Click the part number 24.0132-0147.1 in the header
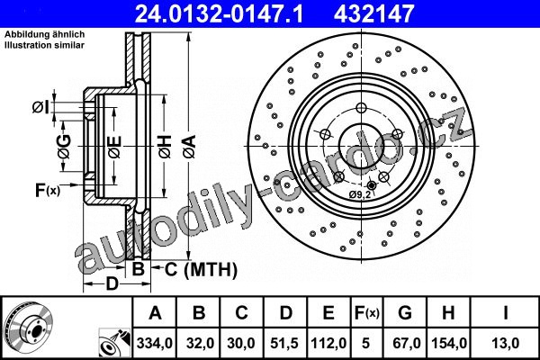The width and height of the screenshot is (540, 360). pos(219,13)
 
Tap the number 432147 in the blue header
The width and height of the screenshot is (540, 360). pos(373,13)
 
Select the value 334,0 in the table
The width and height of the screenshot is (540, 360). pos(154,343)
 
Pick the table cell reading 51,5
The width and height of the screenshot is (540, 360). pos(284,343)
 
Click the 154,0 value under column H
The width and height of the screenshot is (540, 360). pos(449,343)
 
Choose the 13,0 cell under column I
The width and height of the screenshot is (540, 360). pos(505,343)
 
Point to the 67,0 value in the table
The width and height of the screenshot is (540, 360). pos(405,343)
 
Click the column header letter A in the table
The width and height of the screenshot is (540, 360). pos(155,313)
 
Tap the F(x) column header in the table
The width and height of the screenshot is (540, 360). pos(367,313)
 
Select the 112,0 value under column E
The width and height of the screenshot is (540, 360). pos(328,343)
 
